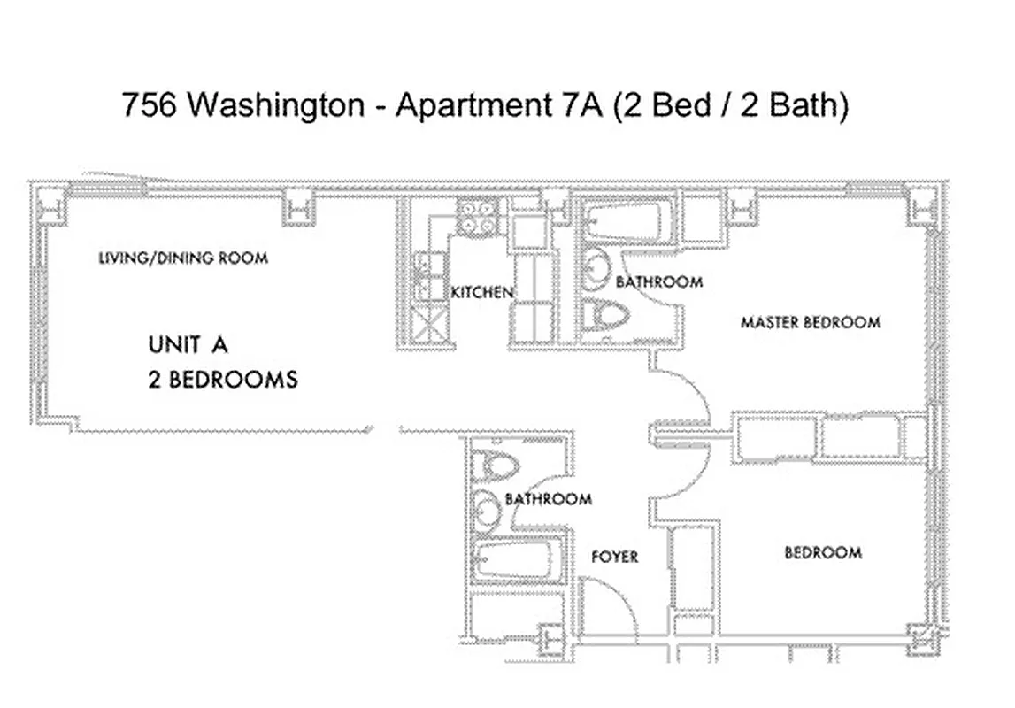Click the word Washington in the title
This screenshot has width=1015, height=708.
(x=276, y=105)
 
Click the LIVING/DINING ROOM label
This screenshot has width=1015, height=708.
(x=182, y=258)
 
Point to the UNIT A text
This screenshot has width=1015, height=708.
(x=194, y=343)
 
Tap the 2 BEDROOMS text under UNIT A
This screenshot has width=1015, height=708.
(x=222, y=381)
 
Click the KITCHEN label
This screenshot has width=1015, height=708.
(x=481, y=292)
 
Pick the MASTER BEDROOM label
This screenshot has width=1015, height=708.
(x=811, y=322)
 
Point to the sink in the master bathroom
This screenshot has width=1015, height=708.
(x=600, y=269)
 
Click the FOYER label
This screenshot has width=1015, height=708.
(x=614, y=557)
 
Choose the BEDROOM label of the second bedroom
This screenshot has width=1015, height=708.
(x=823, y=553)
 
